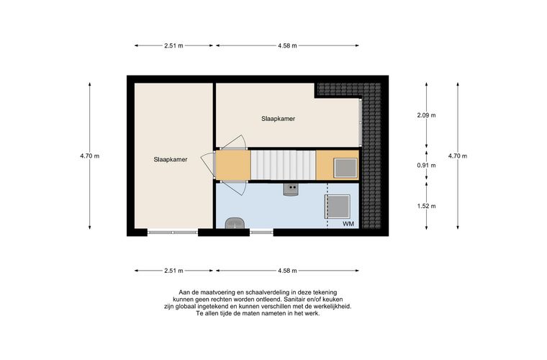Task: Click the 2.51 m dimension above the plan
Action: pos(173,45)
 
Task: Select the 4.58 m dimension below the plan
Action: pos(287,271)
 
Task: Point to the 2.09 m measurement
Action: pos(426,115)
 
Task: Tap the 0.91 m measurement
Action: pos(426,166)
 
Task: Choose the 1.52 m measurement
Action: pos(426,206)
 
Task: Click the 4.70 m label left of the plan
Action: pos(90,156)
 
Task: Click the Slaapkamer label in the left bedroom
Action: pos(171,159)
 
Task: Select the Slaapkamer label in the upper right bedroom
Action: pos(279,119)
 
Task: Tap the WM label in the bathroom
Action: pos(348,224)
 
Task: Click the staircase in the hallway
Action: pos(284,165)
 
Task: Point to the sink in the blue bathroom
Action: pos(291,190)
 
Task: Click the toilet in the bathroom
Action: pos(234,223)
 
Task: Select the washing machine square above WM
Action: pos(338,207)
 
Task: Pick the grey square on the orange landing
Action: pos(345,168)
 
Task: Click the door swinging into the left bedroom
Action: pos(208,165)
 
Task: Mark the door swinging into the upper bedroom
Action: pos(234,143)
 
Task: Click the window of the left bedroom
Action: pos(173,233)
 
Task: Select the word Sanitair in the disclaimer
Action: pos(296,300)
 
